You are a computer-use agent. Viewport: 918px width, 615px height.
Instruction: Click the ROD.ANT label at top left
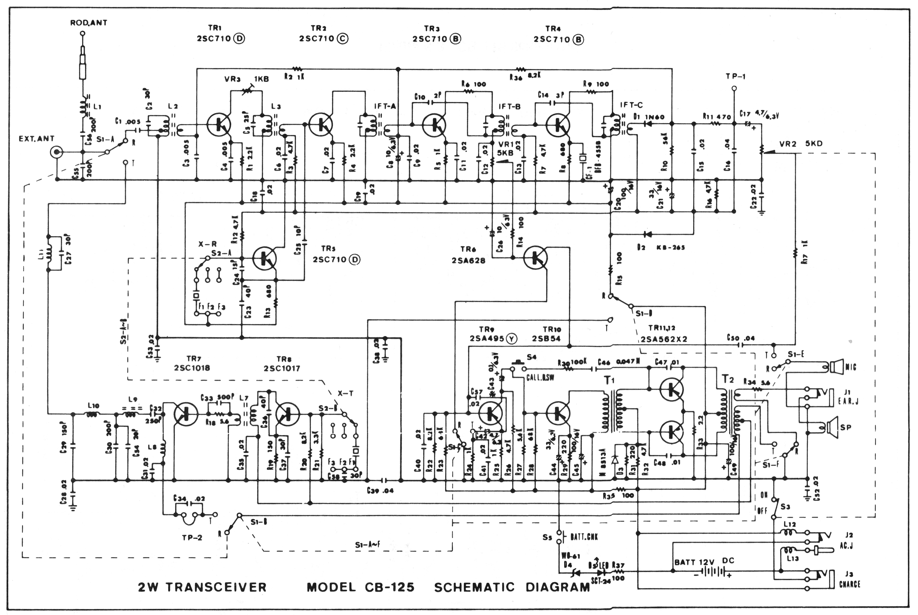pyautogui.click(x=89, y=23)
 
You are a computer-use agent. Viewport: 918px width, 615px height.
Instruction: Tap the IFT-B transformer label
pyautogui.click(x=510, y=106)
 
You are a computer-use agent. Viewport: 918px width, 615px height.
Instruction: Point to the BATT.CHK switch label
pyautogui.click(x=584, y=537)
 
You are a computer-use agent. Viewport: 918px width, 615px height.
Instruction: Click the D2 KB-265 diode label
pyautogui.click(x=661, y=247)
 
